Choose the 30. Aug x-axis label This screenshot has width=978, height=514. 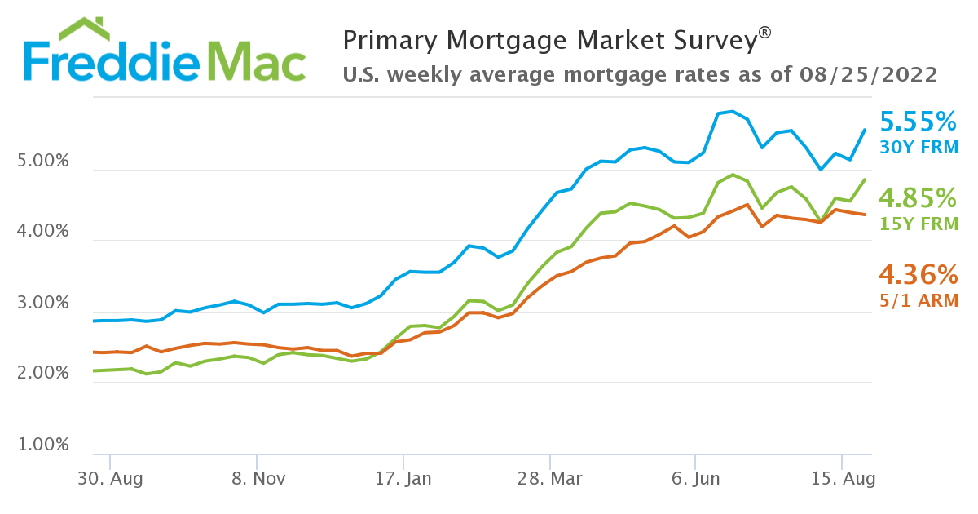pyautogui.click(x=109, y=479)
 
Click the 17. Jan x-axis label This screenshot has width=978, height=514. pyautogui.click(x=403, y=479)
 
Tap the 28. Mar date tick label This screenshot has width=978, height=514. pyautogui.click(x=550, y=479)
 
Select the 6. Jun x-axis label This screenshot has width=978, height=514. pyautogui.click(x=696, y=479)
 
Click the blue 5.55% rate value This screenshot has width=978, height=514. pyautogui.click(x=919, y=122)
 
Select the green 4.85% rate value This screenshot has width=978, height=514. pyautogui.click(x=919, y=198)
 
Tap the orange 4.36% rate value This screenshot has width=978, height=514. pyautogui.click(x=919, y=273)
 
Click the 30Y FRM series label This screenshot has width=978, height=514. pyautogui.click(x=919, y=148)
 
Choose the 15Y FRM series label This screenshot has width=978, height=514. pyautogui.click(x=919, y=223)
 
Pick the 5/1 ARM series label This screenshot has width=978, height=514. pyautogui.click(x=919, y=299)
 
